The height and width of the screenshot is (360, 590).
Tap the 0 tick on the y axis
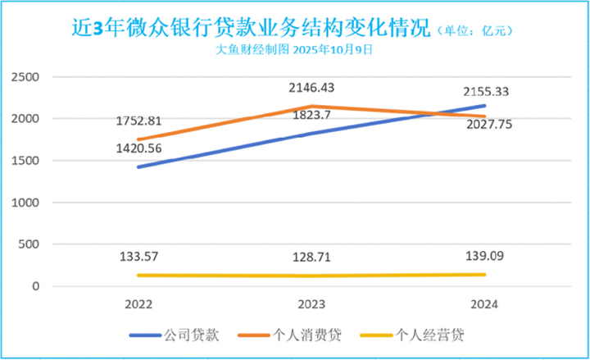pos(35,286)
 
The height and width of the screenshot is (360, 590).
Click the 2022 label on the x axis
pos(138,303)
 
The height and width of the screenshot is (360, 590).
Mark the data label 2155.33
pos(486,92)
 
